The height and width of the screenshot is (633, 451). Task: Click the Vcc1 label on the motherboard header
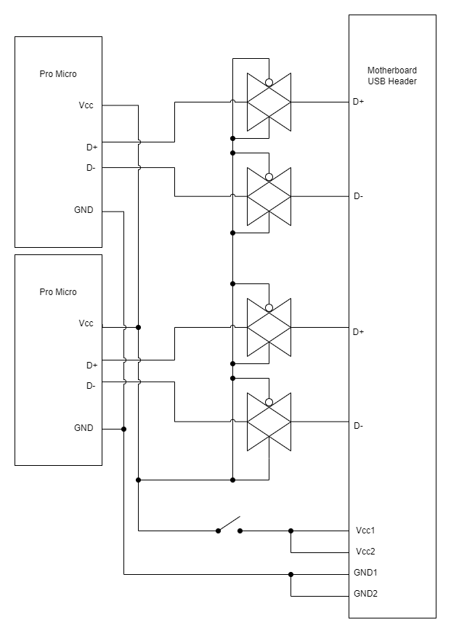click(x=365, y=530)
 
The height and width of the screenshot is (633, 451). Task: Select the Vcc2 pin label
click(x=365, y=551)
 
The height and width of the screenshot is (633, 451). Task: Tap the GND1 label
click(x=366, y=572)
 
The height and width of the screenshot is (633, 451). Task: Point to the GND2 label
click(x=366, y=594)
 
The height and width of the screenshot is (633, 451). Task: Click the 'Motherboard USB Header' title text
click(x=392, y=76)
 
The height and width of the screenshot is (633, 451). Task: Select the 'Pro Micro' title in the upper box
click(x=58, y=74)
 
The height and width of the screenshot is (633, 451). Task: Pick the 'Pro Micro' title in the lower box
click(x=58, y=292)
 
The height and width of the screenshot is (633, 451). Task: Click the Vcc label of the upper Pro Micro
click(x=86, y=105)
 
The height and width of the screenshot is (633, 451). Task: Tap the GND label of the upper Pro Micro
click(x=84, y=210)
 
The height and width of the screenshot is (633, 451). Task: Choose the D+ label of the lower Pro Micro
click(x=92, y=365)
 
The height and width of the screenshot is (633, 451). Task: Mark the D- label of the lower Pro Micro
click(x=91, y=386)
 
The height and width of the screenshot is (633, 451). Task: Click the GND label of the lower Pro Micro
click(x=84, y=428)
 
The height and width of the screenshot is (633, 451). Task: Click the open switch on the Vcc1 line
click(x=229, y=525)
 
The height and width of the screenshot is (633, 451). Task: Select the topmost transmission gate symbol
click(x=269, y=102)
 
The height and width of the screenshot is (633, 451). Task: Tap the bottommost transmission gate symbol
click(x=269, y=422)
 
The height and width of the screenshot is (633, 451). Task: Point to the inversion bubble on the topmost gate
click(x=269, y=82)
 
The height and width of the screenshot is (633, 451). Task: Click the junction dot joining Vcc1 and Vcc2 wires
click(x=291, y=531)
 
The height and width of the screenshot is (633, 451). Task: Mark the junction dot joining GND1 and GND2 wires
click(x=291, y=574)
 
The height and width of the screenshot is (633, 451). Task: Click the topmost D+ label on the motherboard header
click(x=358, y=102)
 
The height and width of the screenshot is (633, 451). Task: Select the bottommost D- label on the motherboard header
click(x=358, y=426)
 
